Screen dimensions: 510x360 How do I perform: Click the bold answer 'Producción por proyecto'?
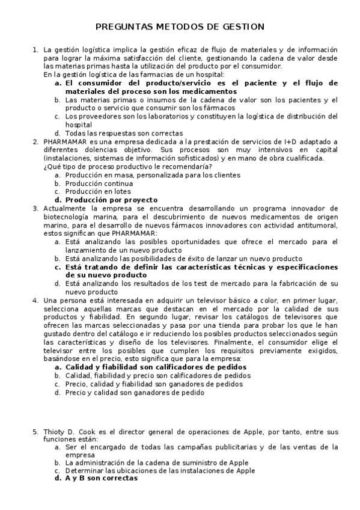click(111, 200)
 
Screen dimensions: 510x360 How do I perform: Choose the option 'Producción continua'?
click(99, 183)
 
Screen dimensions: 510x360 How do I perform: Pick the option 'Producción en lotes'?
click(97, 191)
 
